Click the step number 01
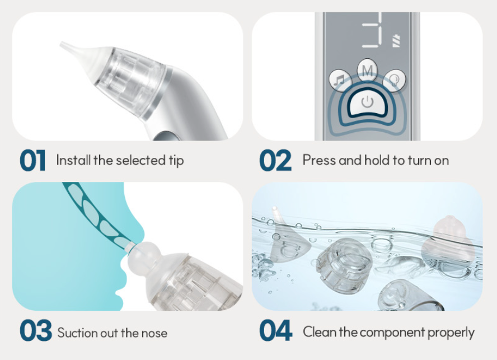(32, 161)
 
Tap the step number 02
(275, 161)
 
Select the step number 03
(36, 331)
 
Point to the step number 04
(275, 331)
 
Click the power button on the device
(367, 102)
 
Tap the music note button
(339, 80)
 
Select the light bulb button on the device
(395, 80)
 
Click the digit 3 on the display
(372, 33)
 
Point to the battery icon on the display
(396, 41)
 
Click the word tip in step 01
(175, 161)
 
